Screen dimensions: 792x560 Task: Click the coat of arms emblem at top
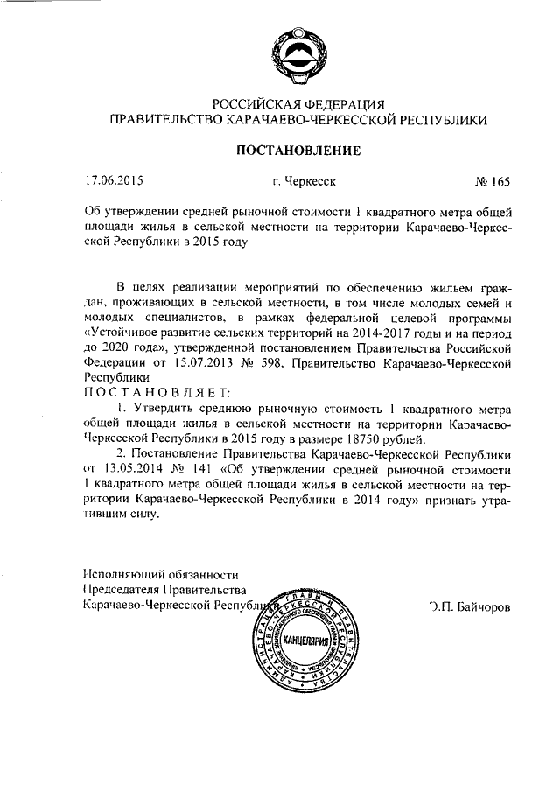point(297,54)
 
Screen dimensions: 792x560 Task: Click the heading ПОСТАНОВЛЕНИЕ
point(297,151)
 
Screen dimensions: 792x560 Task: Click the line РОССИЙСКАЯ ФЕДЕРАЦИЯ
point(297,105)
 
